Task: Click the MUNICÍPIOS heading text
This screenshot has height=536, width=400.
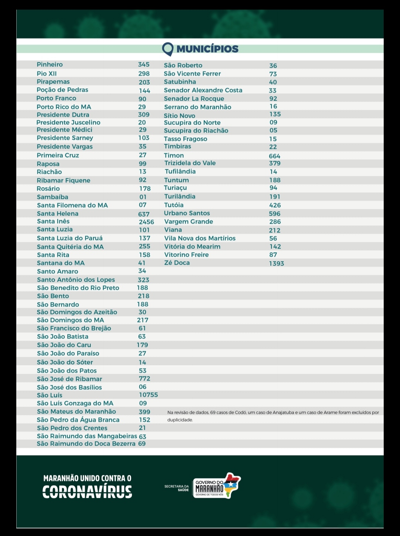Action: pyautogui.click(x=207, y=49)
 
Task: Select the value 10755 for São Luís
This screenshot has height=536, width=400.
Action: pyautogui.click(x=148, y=395)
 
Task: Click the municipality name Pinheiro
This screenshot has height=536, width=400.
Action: pyautogui.click(x=50, y=64)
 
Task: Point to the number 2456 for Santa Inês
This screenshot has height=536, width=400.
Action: pyautogui.click(x=146, y=222)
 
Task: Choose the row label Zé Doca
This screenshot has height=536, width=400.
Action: pyautogui.click(x=177, y=263)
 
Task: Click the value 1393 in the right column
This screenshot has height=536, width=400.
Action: pyautogui.click(x=276, y=263)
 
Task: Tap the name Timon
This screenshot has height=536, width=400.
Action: pyautogui.click(x=174, y=155)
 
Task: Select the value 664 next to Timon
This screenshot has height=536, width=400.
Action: pyautogui.click(x=274, y=156)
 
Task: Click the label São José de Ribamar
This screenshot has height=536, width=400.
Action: pyautogui.click(x=69, y=379)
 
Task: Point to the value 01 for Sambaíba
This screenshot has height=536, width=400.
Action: pyautogui.click(x=143, y=197)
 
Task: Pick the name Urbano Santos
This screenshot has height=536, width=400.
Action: pyautogui.click(x=187, y=213)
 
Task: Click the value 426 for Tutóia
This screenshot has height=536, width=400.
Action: pyautogui.click(x=275, y=205)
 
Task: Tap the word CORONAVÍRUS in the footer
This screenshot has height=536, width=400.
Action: pyautogui.click(x=87, y=492)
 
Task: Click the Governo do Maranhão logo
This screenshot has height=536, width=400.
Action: pyautogui.click(x=217, y=486)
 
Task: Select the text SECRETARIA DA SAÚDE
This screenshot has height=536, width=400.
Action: pyautogui.click(x=177, y=488)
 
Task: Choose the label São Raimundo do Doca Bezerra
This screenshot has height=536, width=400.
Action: pyautogui.click(x=86, y=444)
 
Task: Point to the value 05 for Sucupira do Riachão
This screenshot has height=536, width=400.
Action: pyautogui.click(x=273, y=131)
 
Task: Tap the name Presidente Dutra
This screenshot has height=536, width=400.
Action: pyautogui.click(x=63, y=115)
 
